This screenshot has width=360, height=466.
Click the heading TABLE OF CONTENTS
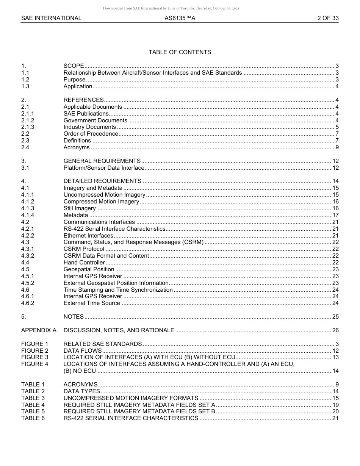[180, 52]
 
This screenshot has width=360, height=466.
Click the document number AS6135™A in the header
[180, 18]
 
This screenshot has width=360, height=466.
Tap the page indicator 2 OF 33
[328, 18]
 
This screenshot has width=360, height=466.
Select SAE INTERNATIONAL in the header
[51, 18]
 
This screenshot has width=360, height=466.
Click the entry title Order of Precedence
[91, 134]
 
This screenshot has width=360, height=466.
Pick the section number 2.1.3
[28, 127]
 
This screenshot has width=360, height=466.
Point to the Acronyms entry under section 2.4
[77, 147]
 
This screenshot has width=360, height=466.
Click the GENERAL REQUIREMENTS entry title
[102, 161]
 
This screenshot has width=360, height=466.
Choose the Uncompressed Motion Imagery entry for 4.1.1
[104, 195]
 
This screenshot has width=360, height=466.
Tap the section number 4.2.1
[28, 229]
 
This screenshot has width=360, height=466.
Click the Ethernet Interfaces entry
[88, 236]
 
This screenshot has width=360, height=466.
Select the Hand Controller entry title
[84, 263]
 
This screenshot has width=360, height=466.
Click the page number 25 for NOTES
[335, 317]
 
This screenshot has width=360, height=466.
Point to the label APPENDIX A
[39, 330]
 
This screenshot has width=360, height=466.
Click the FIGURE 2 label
[35, 351]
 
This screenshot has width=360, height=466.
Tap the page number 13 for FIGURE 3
[335, 357]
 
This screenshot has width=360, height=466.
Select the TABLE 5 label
[33, 411]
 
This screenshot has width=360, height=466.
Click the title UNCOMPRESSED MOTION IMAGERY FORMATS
[131, 398]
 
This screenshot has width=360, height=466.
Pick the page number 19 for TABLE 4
[335, 405]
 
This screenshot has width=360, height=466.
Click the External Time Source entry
[92, 303]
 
